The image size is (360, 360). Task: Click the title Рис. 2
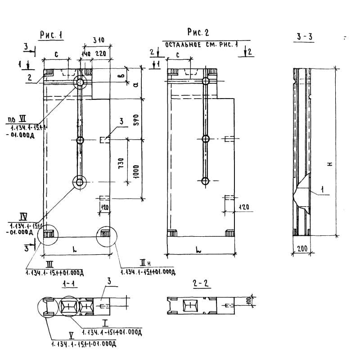[198, 32]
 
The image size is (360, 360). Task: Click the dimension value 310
[98, 40]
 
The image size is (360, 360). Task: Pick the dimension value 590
[139, 119]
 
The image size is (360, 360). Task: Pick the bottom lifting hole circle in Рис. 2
[206, 181]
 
